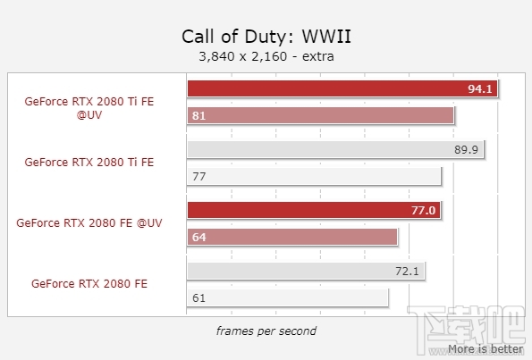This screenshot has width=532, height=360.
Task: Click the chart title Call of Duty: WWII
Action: tap(265, 37)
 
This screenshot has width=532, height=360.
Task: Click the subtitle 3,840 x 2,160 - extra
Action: tap(265, 56)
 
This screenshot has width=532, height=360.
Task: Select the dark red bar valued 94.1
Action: tap(342, 88)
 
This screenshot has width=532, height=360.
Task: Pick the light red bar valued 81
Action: tap(321, 115)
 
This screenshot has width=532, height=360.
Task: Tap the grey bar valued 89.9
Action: tap(335, 149)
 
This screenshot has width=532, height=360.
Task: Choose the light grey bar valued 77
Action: tap(314, 176)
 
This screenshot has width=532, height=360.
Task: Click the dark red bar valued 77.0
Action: tap(314, 210)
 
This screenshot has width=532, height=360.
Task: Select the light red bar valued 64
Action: tap(292, 237)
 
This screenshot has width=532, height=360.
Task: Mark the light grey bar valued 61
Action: tap(288, 296)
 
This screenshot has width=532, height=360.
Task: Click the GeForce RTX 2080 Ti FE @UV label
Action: tap(89, 109)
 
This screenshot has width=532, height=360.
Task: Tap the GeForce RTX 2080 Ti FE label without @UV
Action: tap(89, 163)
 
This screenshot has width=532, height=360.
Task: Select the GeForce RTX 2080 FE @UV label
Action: tap(89, 223)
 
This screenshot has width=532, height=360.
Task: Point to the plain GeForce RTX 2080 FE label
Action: tap(89, 283)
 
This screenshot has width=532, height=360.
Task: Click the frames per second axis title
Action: tap(266, 331)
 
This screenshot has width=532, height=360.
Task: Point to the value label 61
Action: tap(198, 297)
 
